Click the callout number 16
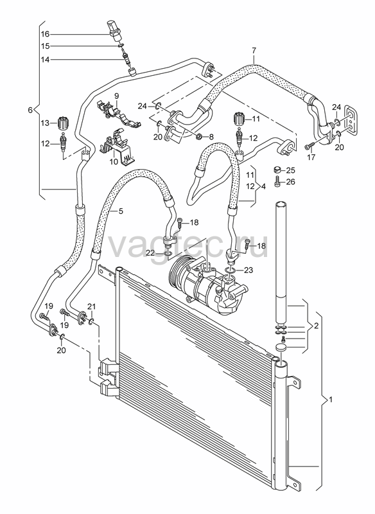point(45,34)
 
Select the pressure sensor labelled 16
point(114,31)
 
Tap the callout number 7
point(254,51)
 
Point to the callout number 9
point(116,96)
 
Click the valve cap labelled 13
point(62,123)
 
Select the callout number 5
point(121,211)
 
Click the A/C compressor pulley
point(177,271)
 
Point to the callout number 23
point(249,270)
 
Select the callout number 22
point(150,253)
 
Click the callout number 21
point(91,306)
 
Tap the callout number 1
point(331,399)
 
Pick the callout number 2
point(316,326)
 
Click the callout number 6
point(30,110)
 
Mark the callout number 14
point(45,60)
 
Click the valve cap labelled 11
point(240,119)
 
